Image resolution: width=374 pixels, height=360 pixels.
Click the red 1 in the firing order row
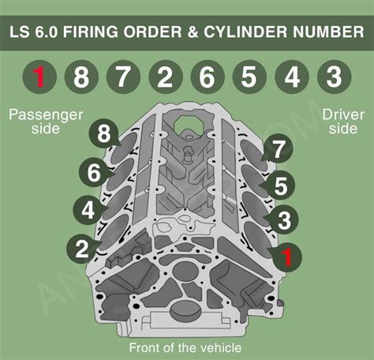pyautogui.click(x=39, y=77)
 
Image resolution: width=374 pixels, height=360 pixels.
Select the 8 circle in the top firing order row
pyautogui.click(x=81, y=77)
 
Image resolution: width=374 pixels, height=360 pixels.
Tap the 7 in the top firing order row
pyautogui.click(x=123, y=77)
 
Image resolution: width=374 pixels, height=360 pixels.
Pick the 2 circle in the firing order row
pyautogui.click(x=165, y=77)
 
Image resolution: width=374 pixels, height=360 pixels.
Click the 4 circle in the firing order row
pyautogui.click(x=292, y=77)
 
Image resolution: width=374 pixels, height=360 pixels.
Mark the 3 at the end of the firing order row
pyautogui.click(x=334, y=77)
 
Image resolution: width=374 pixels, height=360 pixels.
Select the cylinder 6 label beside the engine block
pyautogui.click(x=95, y=172)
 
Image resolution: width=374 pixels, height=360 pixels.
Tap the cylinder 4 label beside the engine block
pyautogui.click(x=88, y=211)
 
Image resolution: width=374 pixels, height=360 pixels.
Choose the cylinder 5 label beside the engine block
pyautogui.click(x=280, y=186)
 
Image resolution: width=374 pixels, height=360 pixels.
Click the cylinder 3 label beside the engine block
pyautogui.click(x=284, y=220)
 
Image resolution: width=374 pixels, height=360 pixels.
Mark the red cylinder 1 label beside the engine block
pyautogui.click(x=287, y=256)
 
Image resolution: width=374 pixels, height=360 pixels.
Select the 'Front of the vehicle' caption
pyautogui.click(x=185, y=347)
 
